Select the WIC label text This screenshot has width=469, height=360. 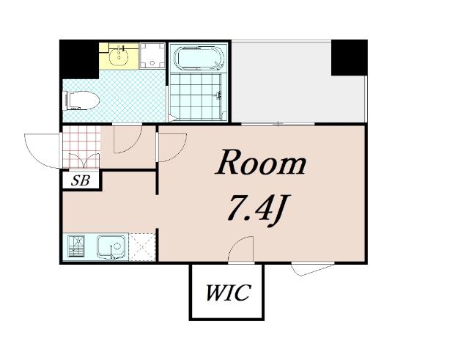228,293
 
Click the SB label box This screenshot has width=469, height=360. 81,180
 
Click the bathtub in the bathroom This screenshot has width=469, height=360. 199,58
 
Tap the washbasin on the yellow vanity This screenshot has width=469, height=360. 119,55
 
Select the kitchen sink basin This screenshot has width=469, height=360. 111,246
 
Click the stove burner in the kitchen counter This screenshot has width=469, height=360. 76,246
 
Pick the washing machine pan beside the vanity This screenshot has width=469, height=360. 152,56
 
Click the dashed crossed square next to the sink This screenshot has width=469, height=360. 142,247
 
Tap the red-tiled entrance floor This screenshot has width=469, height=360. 81,147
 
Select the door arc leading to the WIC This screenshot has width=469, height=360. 236,243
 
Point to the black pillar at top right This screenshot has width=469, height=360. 349,58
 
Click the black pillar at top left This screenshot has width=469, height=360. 79,59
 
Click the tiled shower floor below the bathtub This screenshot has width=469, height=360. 196,96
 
